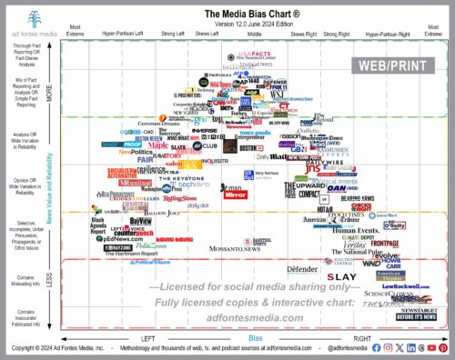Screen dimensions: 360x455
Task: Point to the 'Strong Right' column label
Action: pos(336,34)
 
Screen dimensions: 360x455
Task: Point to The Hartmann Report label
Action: pos(127,252)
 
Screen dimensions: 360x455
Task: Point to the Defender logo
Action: pos(301,270)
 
